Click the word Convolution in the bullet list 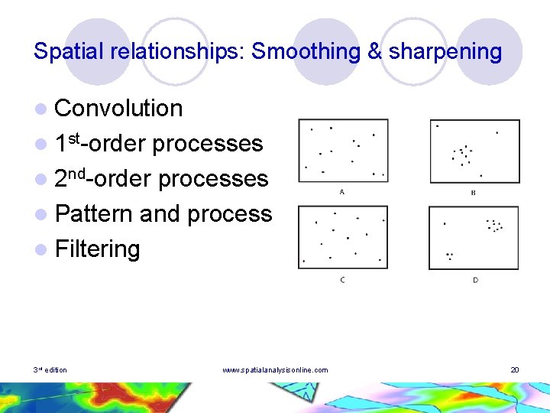tap(118, 109)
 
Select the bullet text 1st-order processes tap(159, 144)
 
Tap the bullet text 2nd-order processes tap(161, 179)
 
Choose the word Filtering tap(97, 249)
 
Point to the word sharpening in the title tap(445, 51)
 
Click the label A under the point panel tap(341, 192)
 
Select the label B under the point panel tap(473, 193)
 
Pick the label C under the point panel tap(342, 280)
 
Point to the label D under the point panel tap(475, 280)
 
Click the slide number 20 tap(515, 370)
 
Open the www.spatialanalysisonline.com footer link tap(275, 370)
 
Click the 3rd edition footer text tap(50, 370)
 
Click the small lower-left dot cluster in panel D tap(449, 255)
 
